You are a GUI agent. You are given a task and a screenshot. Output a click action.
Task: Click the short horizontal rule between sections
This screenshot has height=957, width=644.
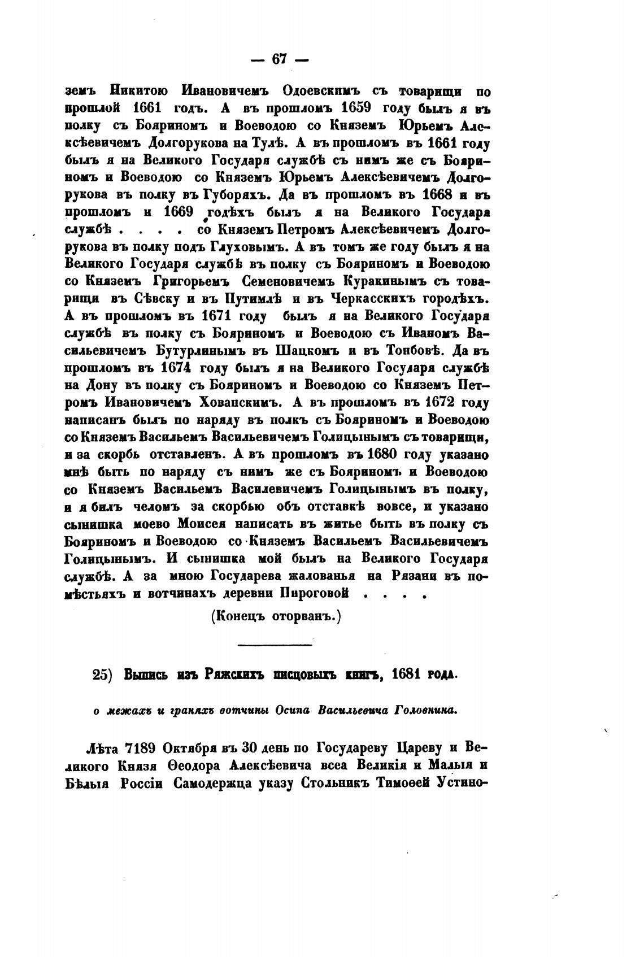pyautogui.click(x=275, y=645)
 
